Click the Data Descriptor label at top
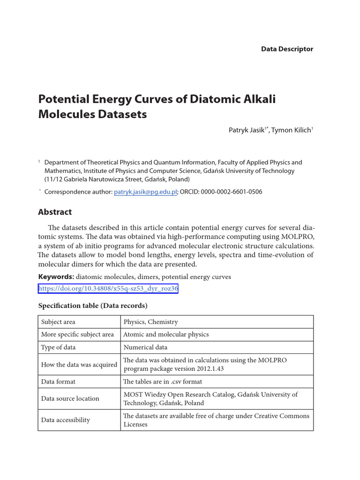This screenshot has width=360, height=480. coord(287,49)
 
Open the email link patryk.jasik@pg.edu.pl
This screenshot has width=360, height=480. coord(145,192)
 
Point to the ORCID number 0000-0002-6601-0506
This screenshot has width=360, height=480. coord(232,192)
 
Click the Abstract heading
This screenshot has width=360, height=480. coord(55,212)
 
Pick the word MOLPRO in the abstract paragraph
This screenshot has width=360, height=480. coord(297,236)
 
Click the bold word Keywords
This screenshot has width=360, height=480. coord(55,277)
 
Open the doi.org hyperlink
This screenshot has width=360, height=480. coord(108,289)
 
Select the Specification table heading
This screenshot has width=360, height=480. coord(93,306)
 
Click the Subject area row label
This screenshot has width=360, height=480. coord(58,322)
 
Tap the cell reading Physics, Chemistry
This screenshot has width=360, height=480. coord(151,322)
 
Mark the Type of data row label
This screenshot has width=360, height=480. coord(58,347)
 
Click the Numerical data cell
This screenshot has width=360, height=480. coord(145,347)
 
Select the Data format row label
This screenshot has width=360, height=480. coord(58,382)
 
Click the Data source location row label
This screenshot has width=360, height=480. coord(70,398)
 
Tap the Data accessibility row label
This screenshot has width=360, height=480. coord(66,420)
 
